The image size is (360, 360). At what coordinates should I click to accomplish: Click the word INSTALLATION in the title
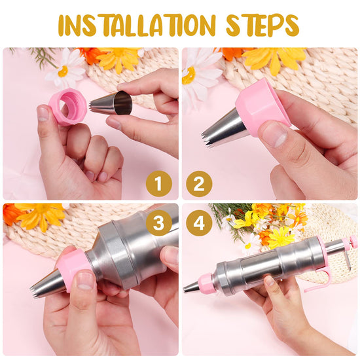point(137,25)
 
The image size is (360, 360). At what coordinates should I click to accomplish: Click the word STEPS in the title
point(262,25)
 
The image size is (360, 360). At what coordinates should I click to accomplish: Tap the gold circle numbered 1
point(159,184)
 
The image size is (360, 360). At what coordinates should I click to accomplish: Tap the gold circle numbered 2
point(199,184)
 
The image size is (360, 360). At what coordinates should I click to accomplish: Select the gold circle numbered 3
point(159,223)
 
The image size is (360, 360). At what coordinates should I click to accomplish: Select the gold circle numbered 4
point(199,223)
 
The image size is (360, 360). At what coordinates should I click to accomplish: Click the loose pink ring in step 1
point(68,107)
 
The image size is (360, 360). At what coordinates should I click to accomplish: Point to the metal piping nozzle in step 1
point(111,103)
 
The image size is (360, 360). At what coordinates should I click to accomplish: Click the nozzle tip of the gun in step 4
point(185,290)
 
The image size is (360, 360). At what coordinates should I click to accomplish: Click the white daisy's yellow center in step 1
point(63,71)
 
